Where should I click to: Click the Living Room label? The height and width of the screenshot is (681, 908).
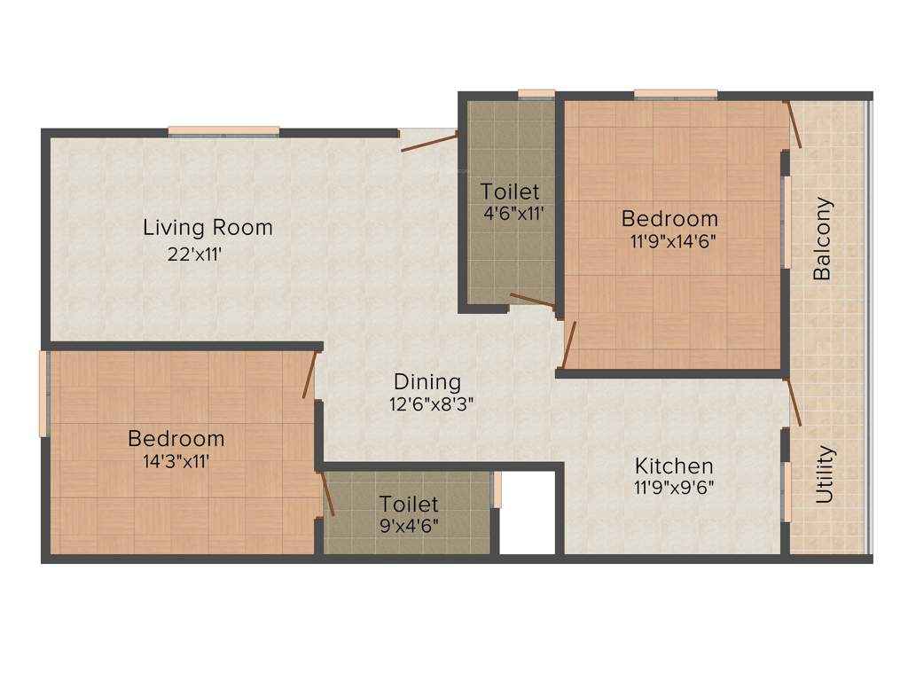tap(207, 228)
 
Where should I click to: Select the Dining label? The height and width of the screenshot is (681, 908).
tap(427, 382)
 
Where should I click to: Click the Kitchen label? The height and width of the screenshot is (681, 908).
tap(674, 466)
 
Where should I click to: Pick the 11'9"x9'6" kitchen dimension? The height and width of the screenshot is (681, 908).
tap(674, 487)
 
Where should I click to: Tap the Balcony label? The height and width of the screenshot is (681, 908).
tap(823, 239)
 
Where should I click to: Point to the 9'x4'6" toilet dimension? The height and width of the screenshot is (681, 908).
tap(408, 524)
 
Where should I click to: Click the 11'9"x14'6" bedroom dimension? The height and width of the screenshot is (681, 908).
tap(669, 240)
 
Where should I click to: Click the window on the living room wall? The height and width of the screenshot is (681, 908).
tap(223, 131)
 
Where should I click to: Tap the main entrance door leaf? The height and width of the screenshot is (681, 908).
tap(429, 143)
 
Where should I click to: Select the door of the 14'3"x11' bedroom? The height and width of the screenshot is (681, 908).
tap(309, 375)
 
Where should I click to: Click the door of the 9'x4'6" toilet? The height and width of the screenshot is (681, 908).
tap(327, 494)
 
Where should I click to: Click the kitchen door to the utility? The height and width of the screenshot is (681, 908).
tap(794, 401)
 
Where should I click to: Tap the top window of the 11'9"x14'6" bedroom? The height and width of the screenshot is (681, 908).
tap(676, 94)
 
